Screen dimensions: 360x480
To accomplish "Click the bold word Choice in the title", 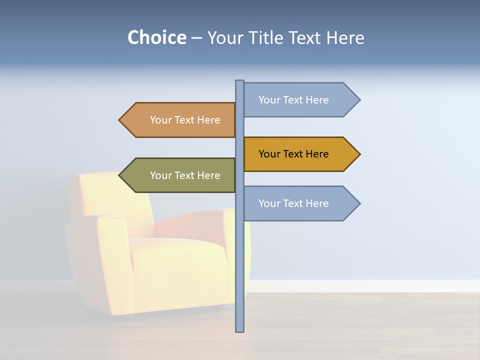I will [156, 38].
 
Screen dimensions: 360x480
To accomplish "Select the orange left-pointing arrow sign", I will [180, 120].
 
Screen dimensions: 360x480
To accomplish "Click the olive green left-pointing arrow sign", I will [180, 175].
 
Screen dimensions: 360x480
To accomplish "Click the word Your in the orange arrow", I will [160, 120].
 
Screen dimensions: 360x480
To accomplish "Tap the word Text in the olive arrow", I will [184, 175].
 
